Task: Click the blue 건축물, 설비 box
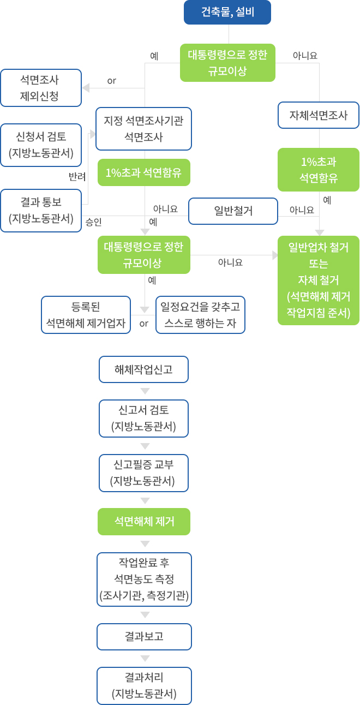[x=227, y=13]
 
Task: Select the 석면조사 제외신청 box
[x=41, y=88]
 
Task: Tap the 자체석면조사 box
[x=319, y=115]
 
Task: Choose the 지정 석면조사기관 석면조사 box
[x=143, y=129]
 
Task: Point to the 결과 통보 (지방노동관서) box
[x=41, y=211]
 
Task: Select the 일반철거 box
[x=233, y=211]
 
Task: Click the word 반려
[x=77, y=177]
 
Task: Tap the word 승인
[x=93, y=222]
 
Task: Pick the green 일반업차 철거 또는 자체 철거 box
[x=319, y=280]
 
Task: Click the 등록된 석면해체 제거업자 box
[x=86, y=314]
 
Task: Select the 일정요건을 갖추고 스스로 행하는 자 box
[x=200, y=314]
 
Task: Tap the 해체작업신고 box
[x=143, y=369]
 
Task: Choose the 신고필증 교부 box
[x=143, y=473]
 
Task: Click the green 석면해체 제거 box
[x=144, y=522]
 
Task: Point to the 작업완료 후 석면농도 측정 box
[x=144, y=579]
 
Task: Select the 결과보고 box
[x=144, y=637]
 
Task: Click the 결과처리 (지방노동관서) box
[x=144, y=686]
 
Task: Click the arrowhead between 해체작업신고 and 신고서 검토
[x=145, y=391]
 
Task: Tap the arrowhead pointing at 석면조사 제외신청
[x=86, y=88]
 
